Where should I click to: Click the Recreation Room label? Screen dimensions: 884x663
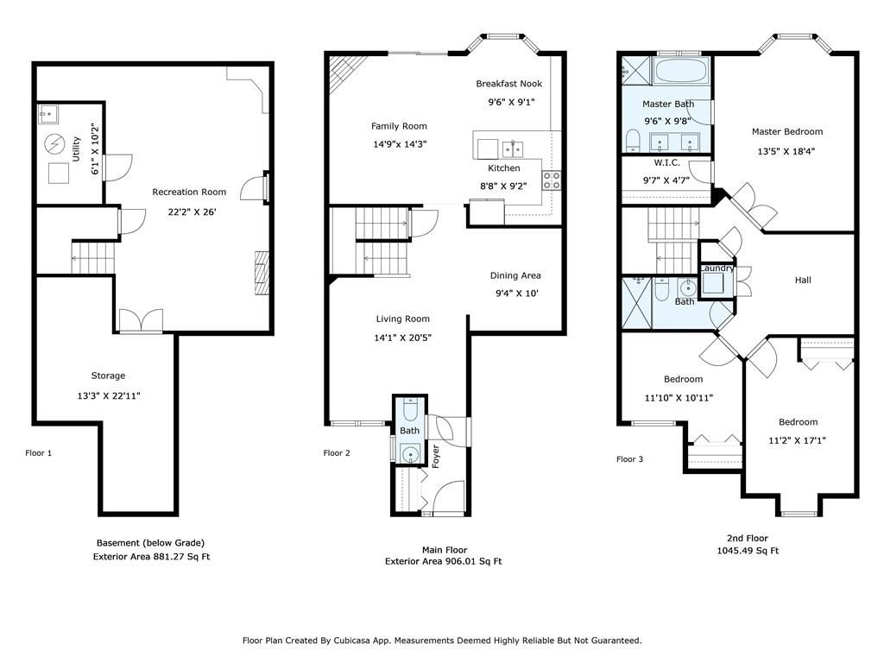point(189,193)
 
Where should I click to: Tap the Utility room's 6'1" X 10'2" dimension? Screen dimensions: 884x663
point(95,149)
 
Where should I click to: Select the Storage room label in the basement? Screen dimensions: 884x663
point(108,376)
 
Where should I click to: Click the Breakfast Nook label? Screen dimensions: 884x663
point(508,84)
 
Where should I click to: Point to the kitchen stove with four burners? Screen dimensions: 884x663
point(552,180)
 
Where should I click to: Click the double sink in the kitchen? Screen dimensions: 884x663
point(513,148)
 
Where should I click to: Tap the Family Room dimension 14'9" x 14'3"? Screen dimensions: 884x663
point(400,144)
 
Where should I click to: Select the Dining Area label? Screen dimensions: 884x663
point(515,275)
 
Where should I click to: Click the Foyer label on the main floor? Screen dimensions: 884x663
point(435,457)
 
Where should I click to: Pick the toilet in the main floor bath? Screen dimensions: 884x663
point(410,410)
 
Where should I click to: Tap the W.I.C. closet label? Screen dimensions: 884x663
point(667,163)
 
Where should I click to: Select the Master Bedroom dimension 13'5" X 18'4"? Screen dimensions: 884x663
point(786,151)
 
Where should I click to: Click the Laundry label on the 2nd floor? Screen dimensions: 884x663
point(717,268)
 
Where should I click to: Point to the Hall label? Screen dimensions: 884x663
point(803,281)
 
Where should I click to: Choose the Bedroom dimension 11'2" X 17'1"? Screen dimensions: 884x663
point(797,441)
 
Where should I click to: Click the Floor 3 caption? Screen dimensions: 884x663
point(629,459)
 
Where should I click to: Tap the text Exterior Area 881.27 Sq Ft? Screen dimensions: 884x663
point(151,557)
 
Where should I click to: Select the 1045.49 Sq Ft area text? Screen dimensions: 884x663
point(748,551)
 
